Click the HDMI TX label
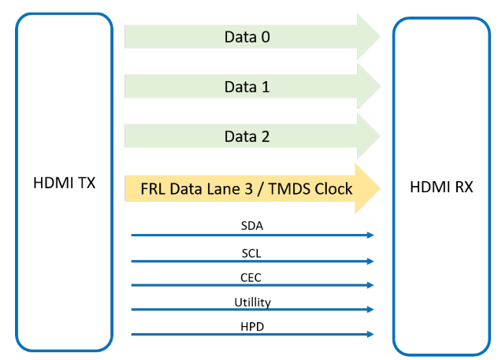(63, 184)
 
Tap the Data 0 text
(248, 36)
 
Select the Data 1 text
(248, 87)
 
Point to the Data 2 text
(248, 136)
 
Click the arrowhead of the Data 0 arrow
(368, 36)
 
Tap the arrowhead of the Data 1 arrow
(368, 87)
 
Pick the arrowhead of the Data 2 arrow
(368, 136)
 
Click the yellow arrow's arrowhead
(368, 189)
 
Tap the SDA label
(252, 226)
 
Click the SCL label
(251, 253)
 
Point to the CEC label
(251, 277)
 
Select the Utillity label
(251, 302)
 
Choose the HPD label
(251, 326)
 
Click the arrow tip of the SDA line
(370, 235)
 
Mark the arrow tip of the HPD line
(370, 335)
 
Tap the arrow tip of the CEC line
(370, 285)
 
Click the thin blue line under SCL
(251, 261)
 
